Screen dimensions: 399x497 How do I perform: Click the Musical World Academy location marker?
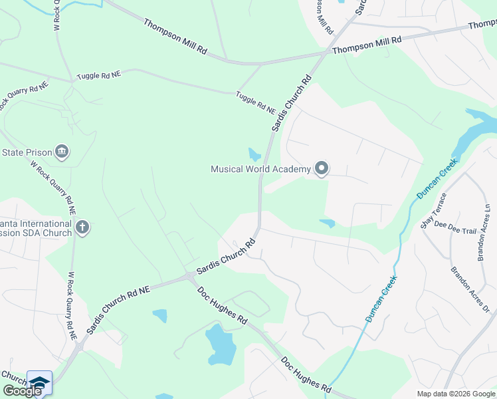pyautogui.click(x=322, y=169)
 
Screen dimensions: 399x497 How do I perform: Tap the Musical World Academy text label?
pyautogui.click(x=260, y=169)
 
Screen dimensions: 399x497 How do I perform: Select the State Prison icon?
pyautogui.click(x=62, y=152)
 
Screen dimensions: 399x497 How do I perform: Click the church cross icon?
pyautogui.click(x=82, y=228)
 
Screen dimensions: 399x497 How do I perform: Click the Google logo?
pyautogui.click(x=22, y=391)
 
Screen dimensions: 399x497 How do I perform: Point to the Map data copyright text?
pyautogui.click(x=455, y=394)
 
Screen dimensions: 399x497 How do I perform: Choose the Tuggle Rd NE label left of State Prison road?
pyautogui.click(x=99, y=76)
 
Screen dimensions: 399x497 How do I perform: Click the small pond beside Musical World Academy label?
pyautogui.click(x=254, y=155)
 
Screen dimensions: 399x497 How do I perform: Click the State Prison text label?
pyautogui.click(x=27, y=152)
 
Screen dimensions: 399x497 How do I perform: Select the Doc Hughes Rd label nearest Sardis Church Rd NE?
pyautogui.click(x=222, y=307)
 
